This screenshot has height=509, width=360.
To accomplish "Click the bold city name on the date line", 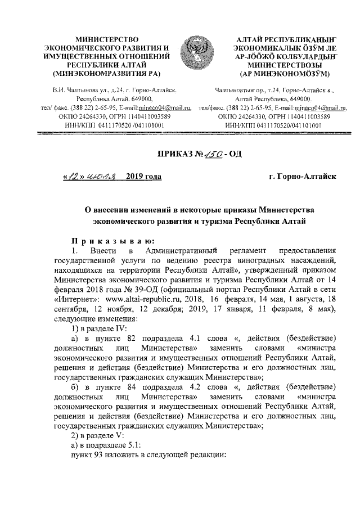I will [303, 177].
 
